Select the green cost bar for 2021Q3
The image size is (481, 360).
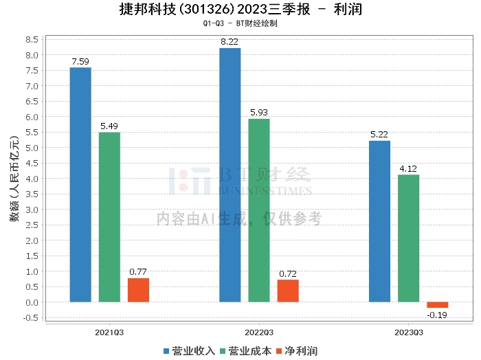pos(109,216)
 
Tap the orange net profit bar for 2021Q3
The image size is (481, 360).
pos(138,289)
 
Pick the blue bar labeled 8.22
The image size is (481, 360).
pos(230,175)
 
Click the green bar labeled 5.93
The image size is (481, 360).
pos(259,210)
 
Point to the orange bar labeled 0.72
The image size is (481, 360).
pos(288,291)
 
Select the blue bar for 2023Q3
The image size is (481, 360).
pos(379,221)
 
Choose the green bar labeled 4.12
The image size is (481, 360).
pos(408,238)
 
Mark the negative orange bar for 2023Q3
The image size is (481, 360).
pos(437,304)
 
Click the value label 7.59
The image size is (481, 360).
pos(81,62)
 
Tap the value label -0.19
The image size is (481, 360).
pos(437,315)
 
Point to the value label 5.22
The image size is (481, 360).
pos(379,135)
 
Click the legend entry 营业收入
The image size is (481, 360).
pos(190,351)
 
